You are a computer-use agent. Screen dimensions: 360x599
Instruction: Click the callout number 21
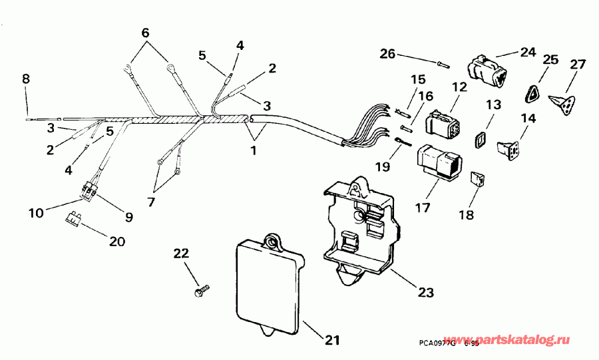(331, 340)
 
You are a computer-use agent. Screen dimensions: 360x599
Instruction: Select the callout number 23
(425, 291)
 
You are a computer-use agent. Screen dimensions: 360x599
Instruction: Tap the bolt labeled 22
(200, 291)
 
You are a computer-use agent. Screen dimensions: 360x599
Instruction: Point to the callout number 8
(26, 79)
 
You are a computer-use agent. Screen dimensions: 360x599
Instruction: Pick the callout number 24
(528, 51)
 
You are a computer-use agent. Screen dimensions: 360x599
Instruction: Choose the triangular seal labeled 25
(530, 94)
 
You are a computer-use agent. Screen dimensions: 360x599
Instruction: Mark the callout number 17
(423, 208)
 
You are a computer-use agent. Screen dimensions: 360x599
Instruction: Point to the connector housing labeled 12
(443, 125)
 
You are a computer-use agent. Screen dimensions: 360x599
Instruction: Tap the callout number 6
(146, 33)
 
